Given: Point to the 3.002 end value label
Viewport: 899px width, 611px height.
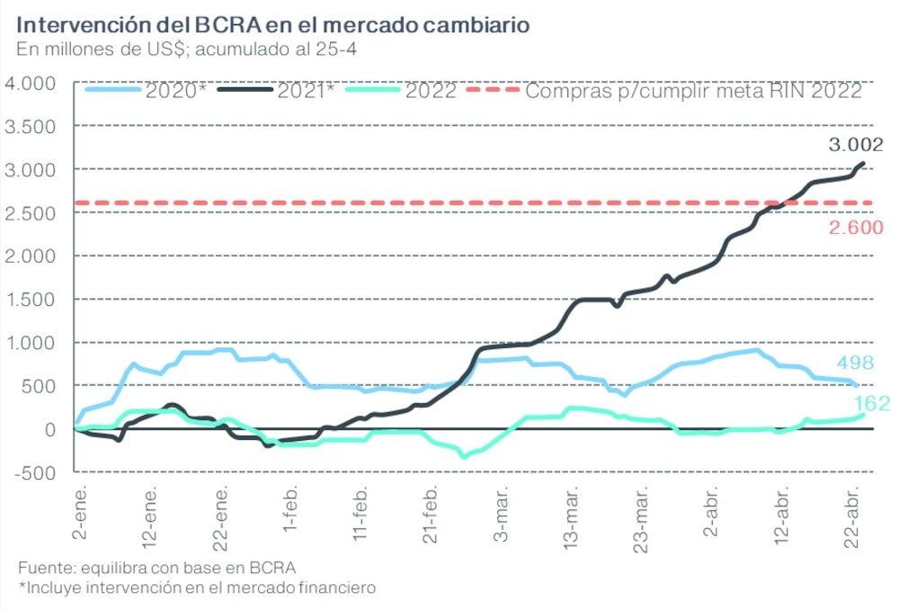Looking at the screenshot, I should click(x=854, y=144).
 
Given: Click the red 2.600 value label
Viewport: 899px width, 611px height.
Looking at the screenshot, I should click(x=856, y=228).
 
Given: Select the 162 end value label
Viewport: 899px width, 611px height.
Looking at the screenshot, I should click(x=871, y=402).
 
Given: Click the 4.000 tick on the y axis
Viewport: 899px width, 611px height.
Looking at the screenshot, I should click(x=31, y=84).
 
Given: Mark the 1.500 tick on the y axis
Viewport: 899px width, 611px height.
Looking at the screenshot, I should click(x=31, y=300).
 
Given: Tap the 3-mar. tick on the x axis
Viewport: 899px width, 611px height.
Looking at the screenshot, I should click(x=501, y=516).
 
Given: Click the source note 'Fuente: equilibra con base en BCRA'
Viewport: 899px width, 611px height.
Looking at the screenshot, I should click(x=156, y=568).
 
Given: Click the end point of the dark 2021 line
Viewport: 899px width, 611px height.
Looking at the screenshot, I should click(x=863, y=164).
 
